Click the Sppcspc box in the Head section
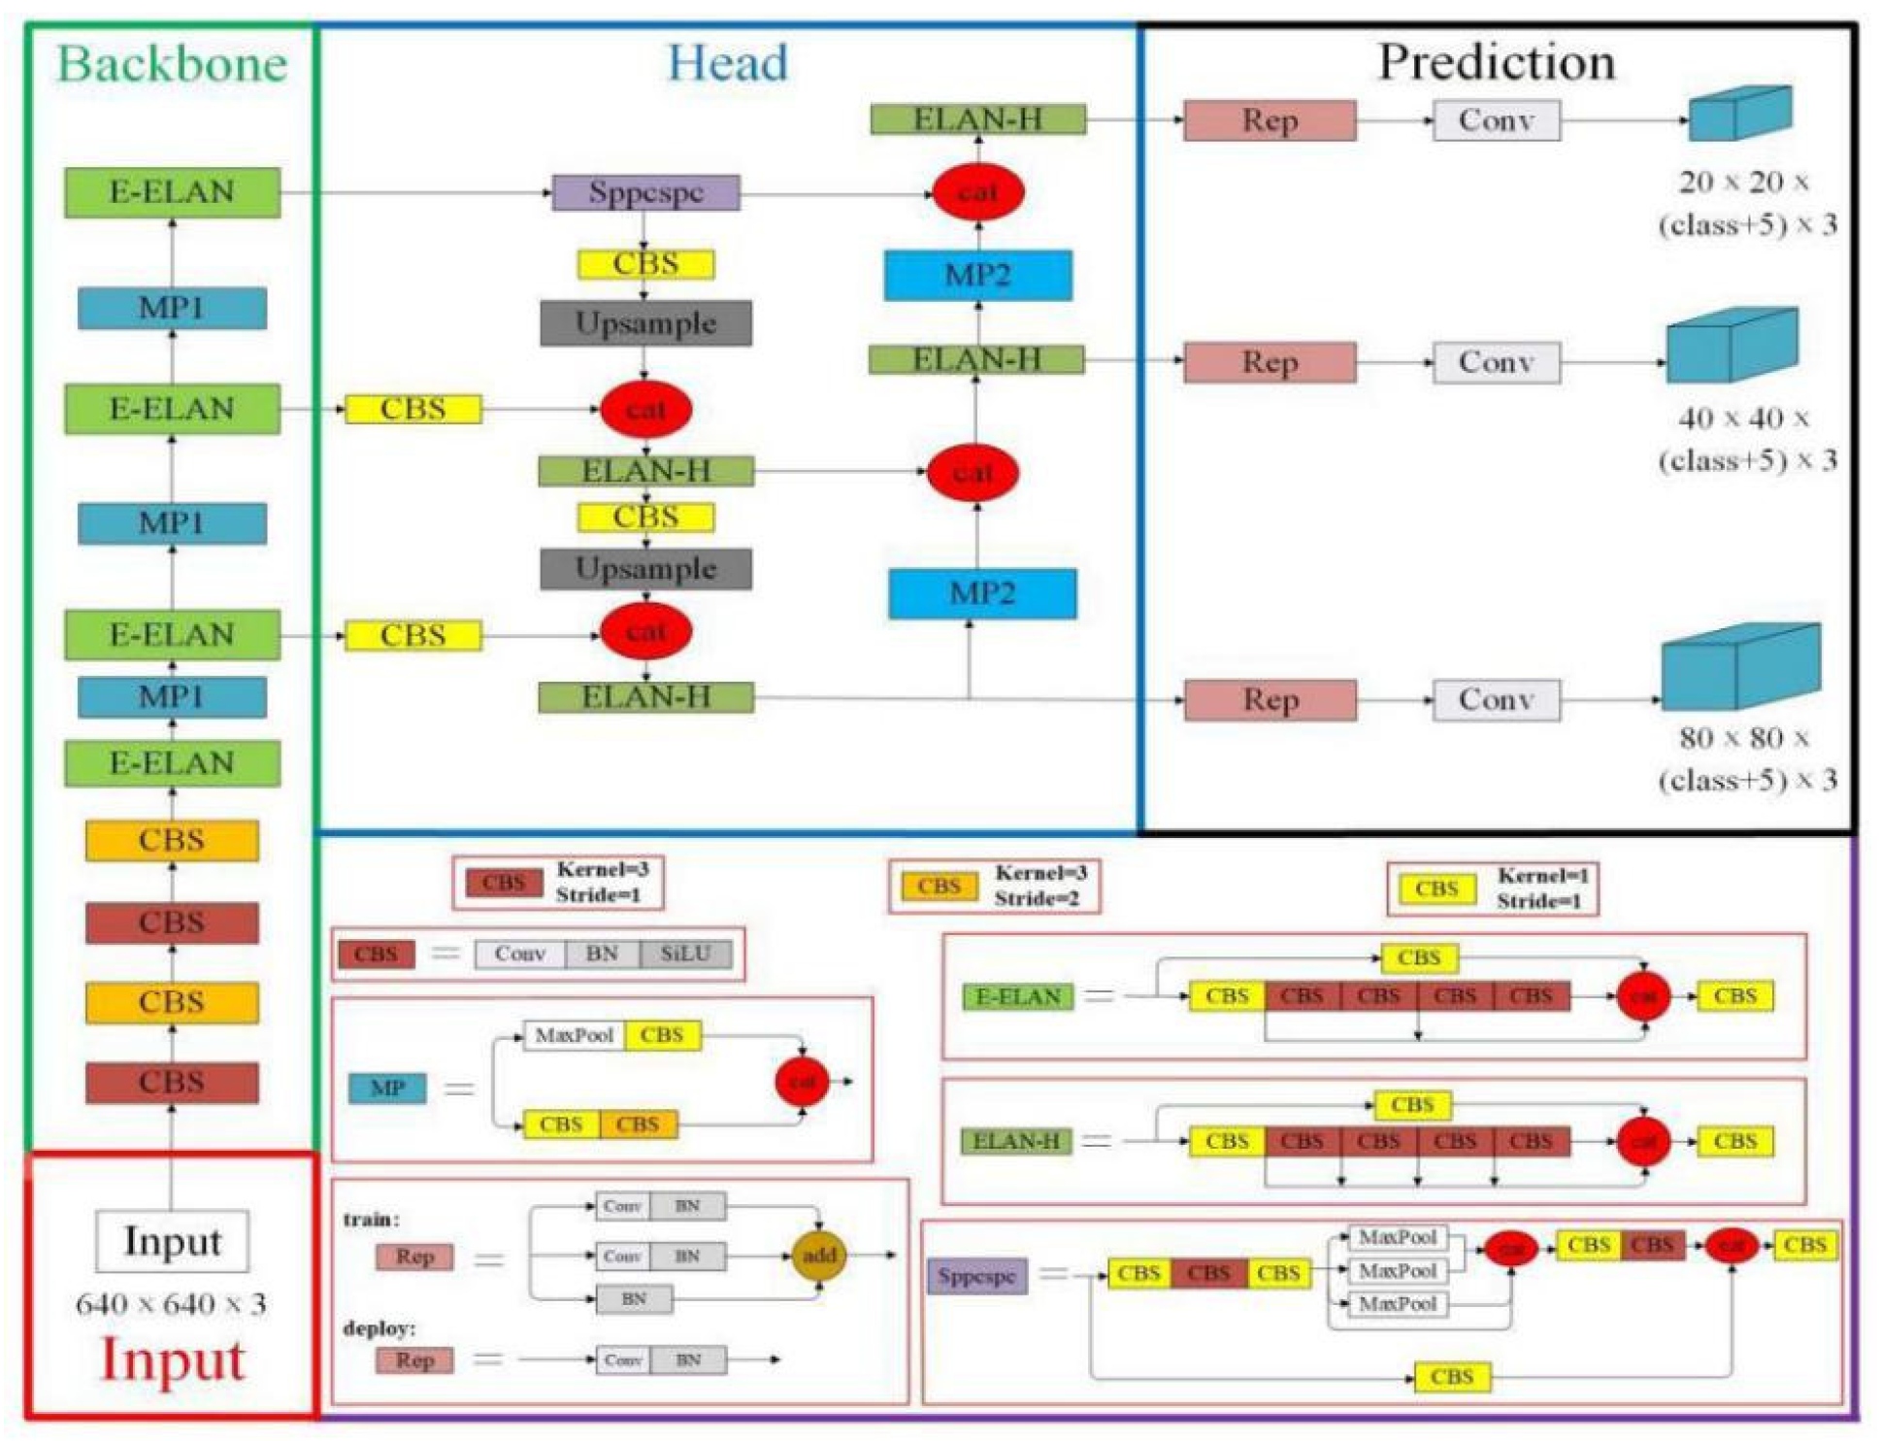tap(645, 192)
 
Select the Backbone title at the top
tap(172, 64)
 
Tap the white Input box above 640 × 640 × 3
tap(172, 1241)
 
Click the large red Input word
tap(172, 1359)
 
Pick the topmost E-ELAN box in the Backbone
tap(172, 192)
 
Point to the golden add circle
tap(819, 1256)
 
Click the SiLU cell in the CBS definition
tap(685, 954)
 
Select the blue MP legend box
tap(387, 1088)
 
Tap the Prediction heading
tap(1497, 62)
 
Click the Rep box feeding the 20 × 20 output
tap(1270, 120)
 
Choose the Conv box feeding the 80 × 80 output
tap(1497, 700)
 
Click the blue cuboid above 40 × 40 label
tap(1732, 346)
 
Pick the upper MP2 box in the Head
tap(977, 275)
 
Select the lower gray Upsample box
tap(645, 569)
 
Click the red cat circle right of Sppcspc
tap(977, 192)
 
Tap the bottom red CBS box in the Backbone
tap(172, 1082)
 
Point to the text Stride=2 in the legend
tap(1036, 898)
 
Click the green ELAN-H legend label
tap(1016, 1141)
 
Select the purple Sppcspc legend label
tap(976, 1276)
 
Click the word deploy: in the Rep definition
tap(379, 1327)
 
